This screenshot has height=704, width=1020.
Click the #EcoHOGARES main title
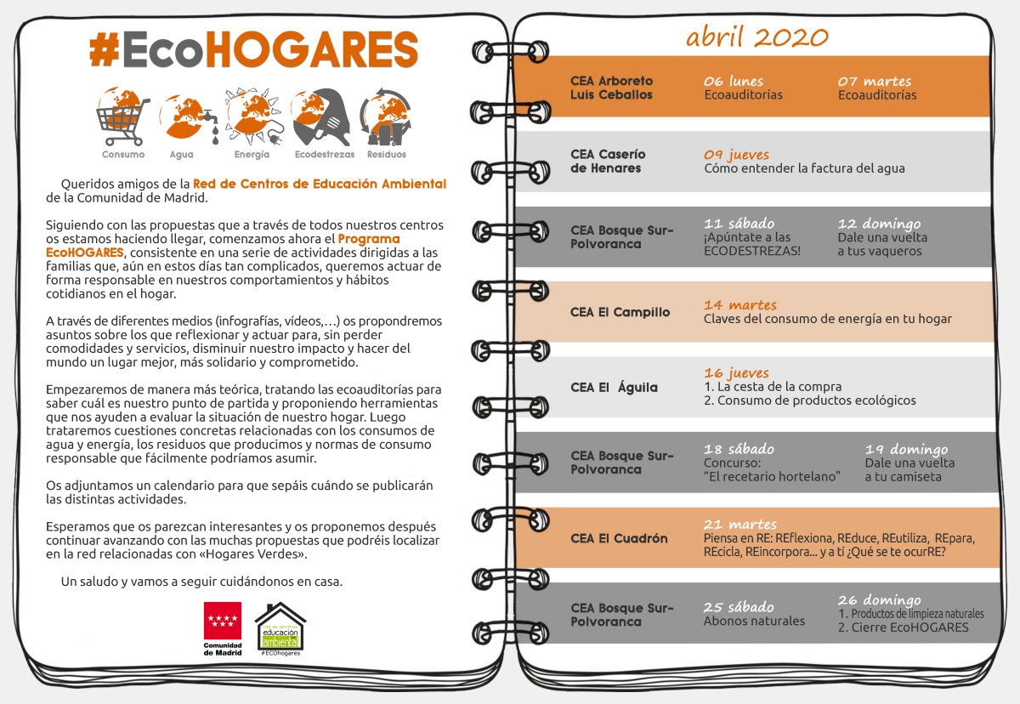[x=253, y=50]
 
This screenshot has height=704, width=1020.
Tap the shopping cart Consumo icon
[x=122, y=118]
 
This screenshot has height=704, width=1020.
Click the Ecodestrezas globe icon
[x=318, y=118]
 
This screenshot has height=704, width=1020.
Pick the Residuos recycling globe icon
[x=387, y=118]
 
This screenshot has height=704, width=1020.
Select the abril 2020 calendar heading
[x=756, y=37]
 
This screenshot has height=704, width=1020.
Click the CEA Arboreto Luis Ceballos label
[x=611, y=88]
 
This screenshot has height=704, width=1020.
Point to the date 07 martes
[x=875, y=82]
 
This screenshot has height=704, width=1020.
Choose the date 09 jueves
[x=736, y=155]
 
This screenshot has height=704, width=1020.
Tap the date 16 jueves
[x=736, y=372]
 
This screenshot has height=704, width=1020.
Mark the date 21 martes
[x=739, y=524]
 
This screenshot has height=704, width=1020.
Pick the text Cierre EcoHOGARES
[x=909, y=627]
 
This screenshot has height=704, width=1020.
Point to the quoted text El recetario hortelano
[x=772, y=476]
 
